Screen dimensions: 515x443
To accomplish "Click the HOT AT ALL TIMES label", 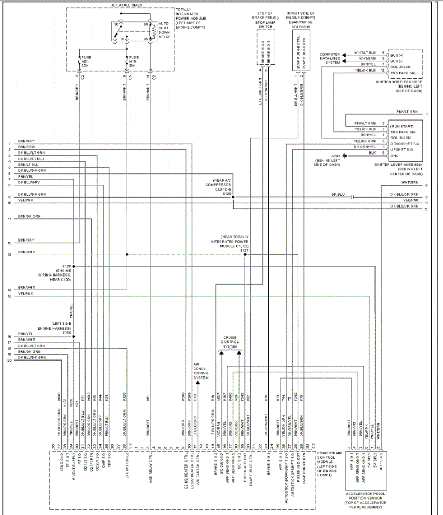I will tap(126, 5).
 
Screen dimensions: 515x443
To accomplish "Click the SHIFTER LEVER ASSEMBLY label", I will tap(407, 167).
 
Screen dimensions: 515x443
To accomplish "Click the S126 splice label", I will tap(65, 266).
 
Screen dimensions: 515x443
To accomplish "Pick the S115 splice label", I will tap(67, 332).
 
